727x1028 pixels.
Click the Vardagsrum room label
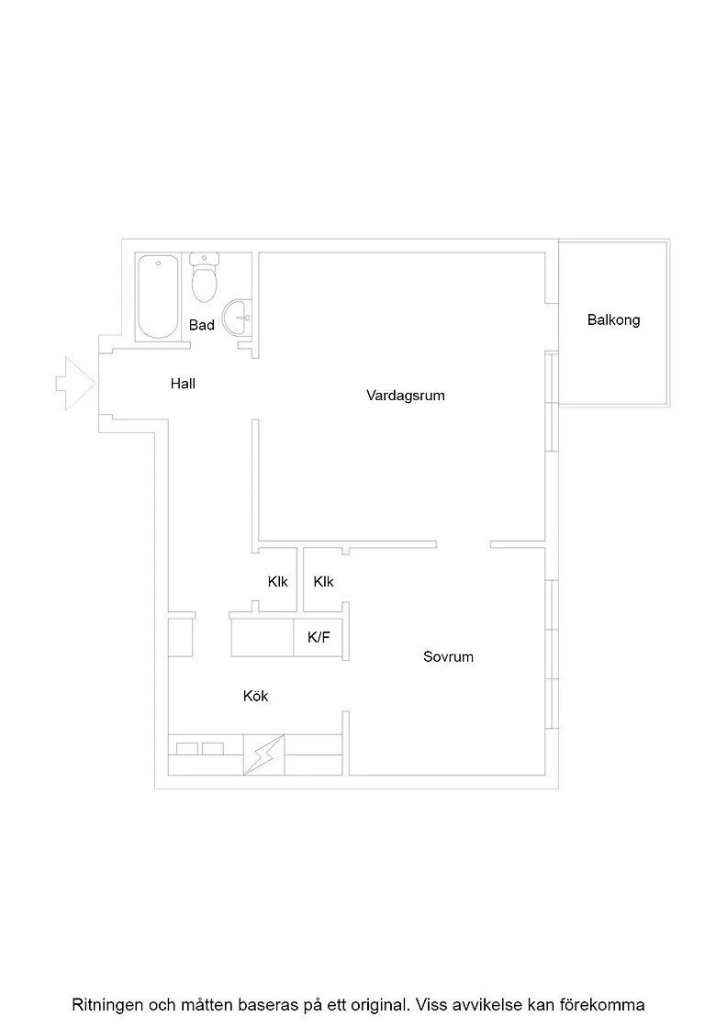coord(405,396)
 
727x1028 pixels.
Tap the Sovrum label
coord(448,656)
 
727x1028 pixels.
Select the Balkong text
coord(613,320)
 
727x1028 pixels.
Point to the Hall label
coord(183,384)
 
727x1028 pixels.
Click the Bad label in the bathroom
coord(201,325)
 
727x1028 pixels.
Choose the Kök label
coord(256,696)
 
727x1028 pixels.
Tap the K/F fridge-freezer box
coord(318,637)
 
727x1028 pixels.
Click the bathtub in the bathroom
coord(158,297)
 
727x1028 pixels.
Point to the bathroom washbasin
coord(237,318)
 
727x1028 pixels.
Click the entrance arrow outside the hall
coord(76,384)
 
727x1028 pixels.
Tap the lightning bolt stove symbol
coord(264,754)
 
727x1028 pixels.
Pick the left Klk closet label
coord(278,582)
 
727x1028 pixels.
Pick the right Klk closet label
coord(324,582)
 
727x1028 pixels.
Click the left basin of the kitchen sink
coord(187,749)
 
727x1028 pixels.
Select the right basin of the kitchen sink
coord(213,749)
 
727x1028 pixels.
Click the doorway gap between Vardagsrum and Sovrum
coord(464,544)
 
